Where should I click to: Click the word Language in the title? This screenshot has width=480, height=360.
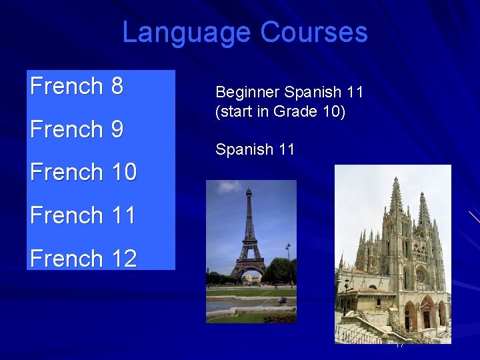187,32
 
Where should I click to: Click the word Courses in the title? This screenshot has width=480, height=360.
314,32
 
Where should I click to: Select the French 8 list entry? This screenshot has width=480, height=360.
77,86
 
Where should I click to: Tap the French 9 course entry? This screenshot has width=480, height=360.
77,129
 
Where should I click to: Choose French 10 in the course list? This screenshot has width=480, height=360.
83,172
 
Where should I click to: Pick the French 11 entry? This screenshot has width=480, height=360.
83,215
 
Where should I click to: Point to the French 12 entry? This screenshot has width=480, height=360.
83,258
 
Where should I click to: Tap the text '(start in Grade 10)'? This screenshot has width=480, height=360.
280,111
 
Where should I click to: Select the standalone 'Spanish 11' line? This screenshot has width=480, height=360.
255,149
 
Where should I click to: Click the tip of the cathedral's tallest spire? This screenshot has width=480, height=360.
396,179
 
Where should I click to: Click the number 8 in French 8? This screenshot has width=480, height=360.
117,86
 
